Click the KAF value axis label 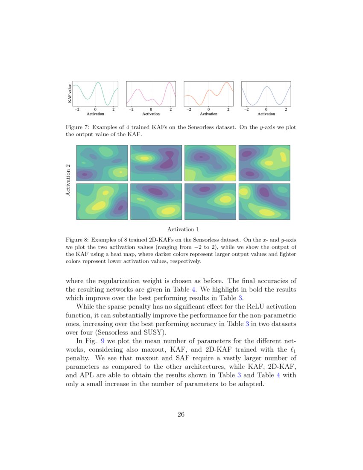click(69, 94)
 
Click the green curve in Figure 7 click(98, 83)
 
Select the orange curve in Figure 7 click(209, 91)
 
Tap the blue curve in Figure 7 click(266, 87)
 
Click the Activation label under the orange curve click(208, 114)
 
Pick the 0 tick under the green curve click(95, 109)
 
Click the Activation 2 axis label click(68, 180)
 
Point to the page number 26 click(181, 414)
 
